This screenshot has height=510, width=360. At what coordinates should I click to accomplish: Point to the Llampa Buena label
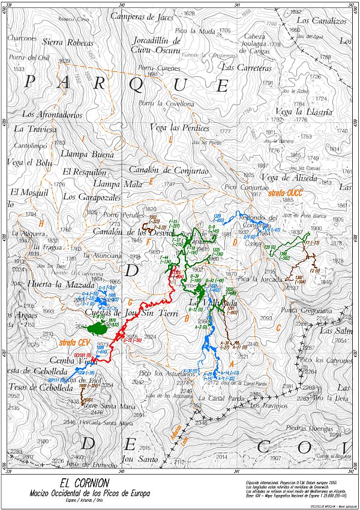88,155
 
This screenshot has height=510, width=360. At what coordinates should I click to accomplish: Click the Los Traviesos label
267,406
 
